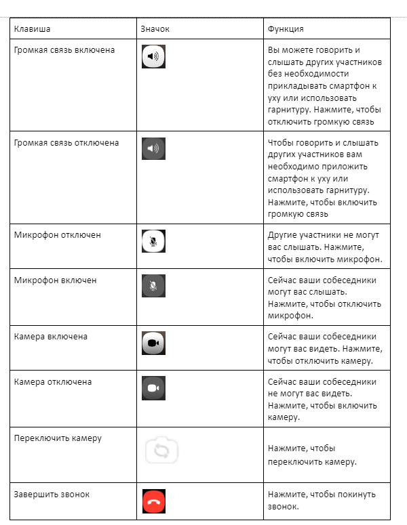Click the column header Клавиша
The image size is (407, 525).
click(33, 29)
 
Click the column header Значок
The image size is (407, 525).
click(155, 29)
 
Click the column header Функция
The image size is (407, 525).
click(286, 29)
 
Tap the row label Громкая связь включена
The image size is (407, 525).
click(64, 50)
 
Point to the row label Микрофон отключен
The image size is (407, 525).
click(58, 234)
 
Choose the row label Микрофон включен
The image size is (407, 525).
click(56, 280)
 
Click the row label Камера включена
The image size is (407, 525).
click(51, 337)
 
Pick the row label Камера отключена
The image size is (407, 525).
click(53, 382)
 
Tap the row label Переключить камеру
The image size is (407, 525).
click(58, 438)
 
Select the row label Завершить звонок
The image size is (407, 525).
click(52, 495)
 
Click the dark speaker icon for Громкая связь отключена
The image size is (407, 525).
click(154, 148)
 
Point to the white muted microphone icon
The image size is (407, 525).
click(154, 241)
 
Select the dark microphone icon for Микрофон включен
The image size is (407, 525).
click(154, 286)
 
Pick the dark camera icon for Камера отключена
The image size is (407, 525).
click(154, 388)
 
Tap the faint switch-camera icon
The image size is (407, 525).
click(161, 450)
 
